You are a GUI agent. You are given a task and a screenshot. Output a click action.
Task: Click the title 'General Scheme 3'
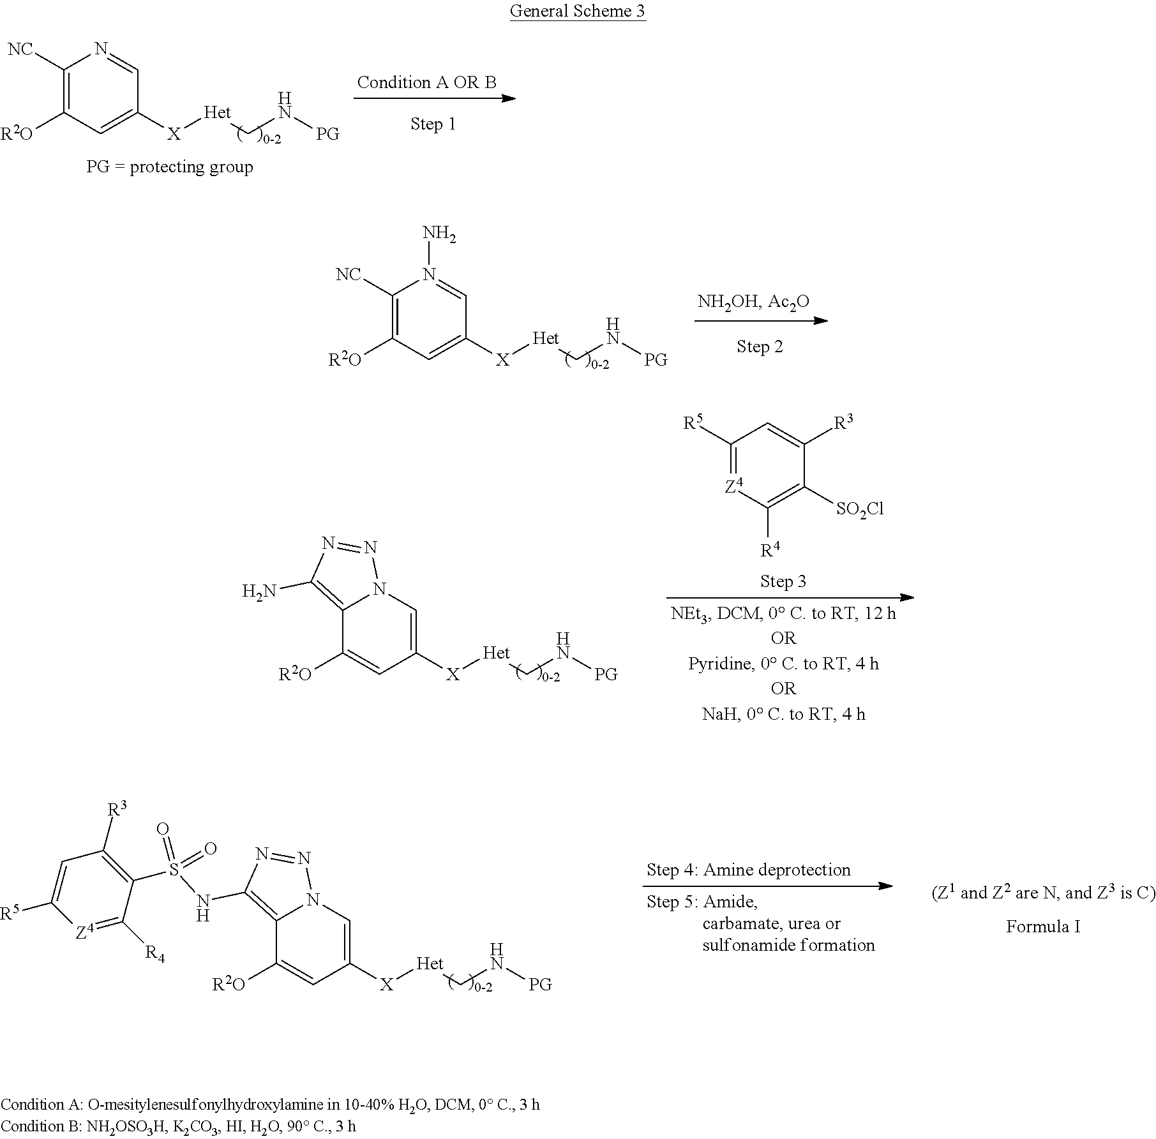click(x=578, y=11)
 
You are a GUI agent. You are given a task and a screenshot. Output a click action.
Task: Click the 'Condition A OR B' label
click(x=426, y=82)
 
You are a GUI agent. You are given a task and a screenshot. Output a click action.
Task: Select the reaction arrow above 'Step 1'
click(x=435, y=98)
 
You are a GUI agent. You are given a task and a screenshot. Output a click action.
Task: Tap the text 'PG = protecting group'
click(x=170, y=167)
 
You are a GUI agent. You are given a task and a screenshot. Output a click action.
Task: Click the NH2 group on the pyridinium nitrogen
click(x=440, y=234)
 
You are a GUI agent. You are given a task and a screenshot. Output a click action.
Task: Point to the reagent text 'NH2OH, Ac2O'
click(x=753, y=302)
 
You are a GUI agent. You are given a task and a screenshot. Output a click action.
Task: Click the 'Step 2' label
click(x=760, y=346)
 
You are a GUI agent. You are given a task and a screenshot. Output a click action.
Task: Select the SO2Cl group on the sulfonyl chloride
click(x=860, y=509)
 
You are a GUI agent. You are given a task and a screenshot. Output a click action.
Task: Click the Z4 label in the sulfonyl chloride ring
click(x=734, y=487)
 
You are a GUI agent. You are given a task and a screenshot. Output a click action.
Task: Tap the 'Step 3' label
click(x=783, y=581)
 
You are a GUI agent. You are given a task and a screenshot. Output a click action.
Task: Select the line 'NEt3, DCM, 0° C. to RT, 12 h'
click(x=783, y=614)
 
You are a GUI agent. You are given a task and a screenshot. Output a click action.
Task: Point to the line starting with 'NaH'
click(x=783, y=714)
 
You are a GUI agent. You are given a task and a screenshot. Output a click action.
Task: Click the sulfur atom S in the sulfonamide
click(x=174, y=868)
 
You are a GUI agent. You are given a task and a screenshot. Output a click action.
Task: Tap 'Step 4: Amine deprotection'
click(x=748, y=870)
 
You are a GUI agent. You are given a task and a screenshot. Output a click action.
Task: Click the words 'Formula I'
click(x=1043, y=927)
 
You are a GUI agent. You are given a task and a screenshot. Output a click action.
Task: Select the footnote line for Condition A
click(x=270, y=1105)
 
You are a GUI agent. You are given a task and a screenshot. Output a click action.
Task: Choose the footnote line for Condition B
click(x=178, y=1126)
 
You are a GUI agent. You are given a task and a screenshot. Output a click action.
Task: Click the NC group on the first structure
click(x=20, y=48)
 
